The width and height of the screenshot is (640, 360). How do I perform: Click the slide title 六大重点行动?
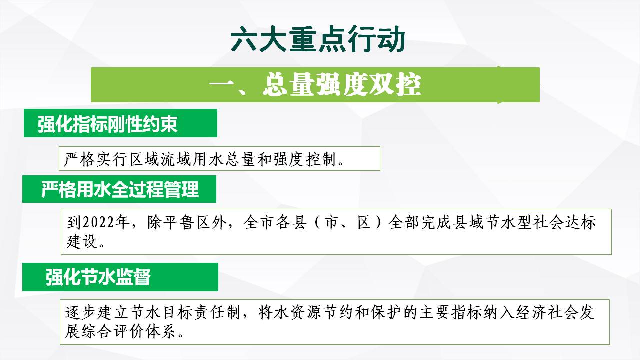[318, 39]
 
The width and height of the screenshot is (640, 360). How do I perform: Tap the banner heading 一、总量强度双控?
[315, 85]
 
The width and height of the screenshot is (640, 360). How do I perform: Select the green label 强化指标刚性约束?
[107, 124]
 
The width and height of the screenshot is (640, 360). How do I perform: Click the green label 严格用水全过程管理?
[120, 189]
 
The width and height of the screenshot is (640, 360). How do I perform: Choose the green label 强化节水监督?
[98, 277]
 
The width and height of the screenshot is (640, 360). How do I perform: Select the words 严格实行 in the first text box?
[95, 159]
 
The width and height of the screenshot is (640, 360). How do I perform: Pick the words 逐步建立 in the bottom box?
[97, 312]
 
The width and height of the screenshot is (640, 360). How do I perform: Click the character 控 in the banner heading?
[408, 85]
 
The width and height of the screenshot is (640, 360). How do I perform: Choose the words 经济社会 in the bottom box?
[546, 312]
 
